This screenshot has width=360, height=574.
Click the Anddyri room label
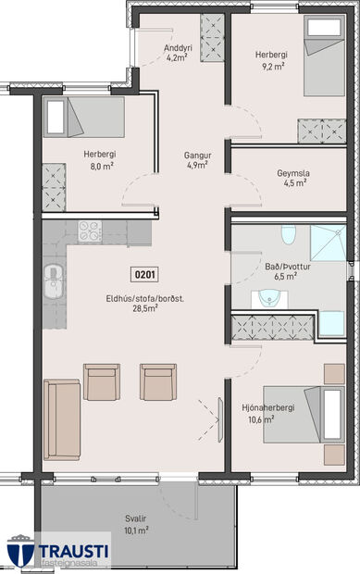point(177,48)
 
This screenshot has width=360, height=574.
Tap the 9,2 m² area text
point(271,67)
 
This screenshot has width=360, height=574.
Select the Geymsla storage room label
point(292,172)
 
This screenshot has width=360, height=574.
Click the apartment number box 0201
point(145,274)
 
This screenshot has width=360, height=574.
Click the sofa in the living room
point(62,421)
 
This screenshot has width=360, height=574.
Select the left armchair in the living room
point(102,381)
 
